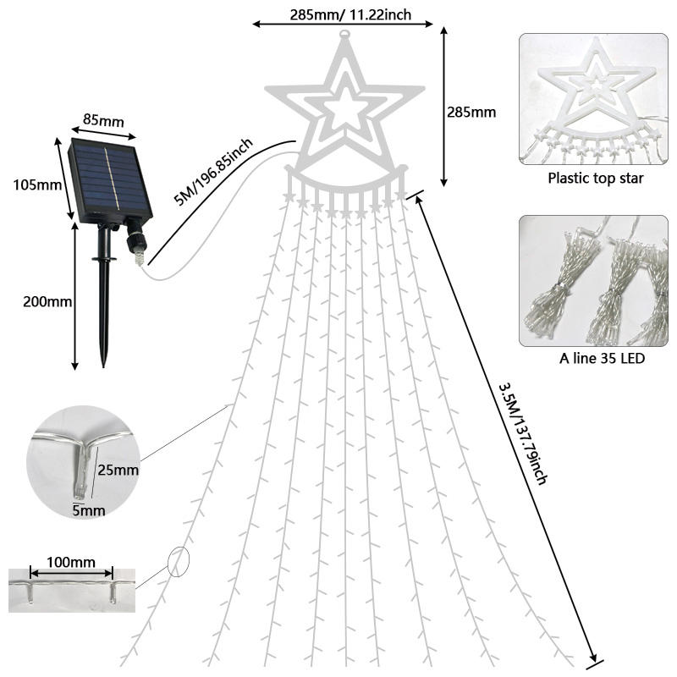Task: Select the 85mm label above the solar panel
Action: click(x=103, y=120)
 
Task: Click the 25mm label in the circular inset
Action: click(x=118, y=470)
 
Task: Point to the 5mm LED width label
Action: click(x=88, y=510)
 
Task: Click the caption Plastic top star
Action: click(x=595, y=179)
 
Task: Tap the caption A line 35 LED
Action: click(x=602, y=359)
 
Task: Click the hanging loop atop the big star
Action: click(x=344, y=36)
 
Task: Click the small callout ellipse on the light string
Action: click(x=179, y=562)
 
